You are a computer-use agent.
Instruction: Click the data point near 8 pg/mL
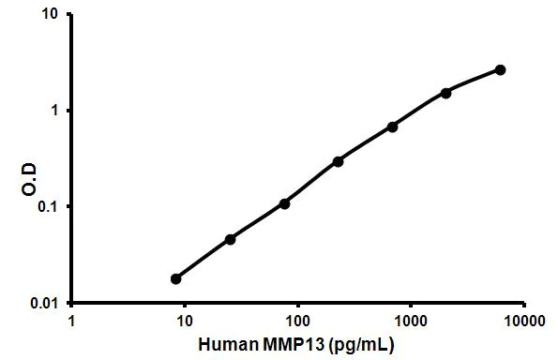(176, 278)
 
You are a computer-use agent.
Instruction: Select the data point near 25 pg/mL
(230, 239)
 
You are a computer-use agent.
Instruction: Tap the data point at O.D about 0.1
(284, 203)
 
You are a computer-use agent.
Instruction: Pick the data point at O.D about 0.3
(338, 161)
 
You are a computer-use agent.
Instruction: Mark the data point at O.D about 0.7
(392, 127)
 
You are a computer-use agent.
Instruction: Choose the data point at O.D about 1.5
(445, 93)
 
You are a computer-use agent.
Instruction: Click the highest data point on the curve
(500, 69)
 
